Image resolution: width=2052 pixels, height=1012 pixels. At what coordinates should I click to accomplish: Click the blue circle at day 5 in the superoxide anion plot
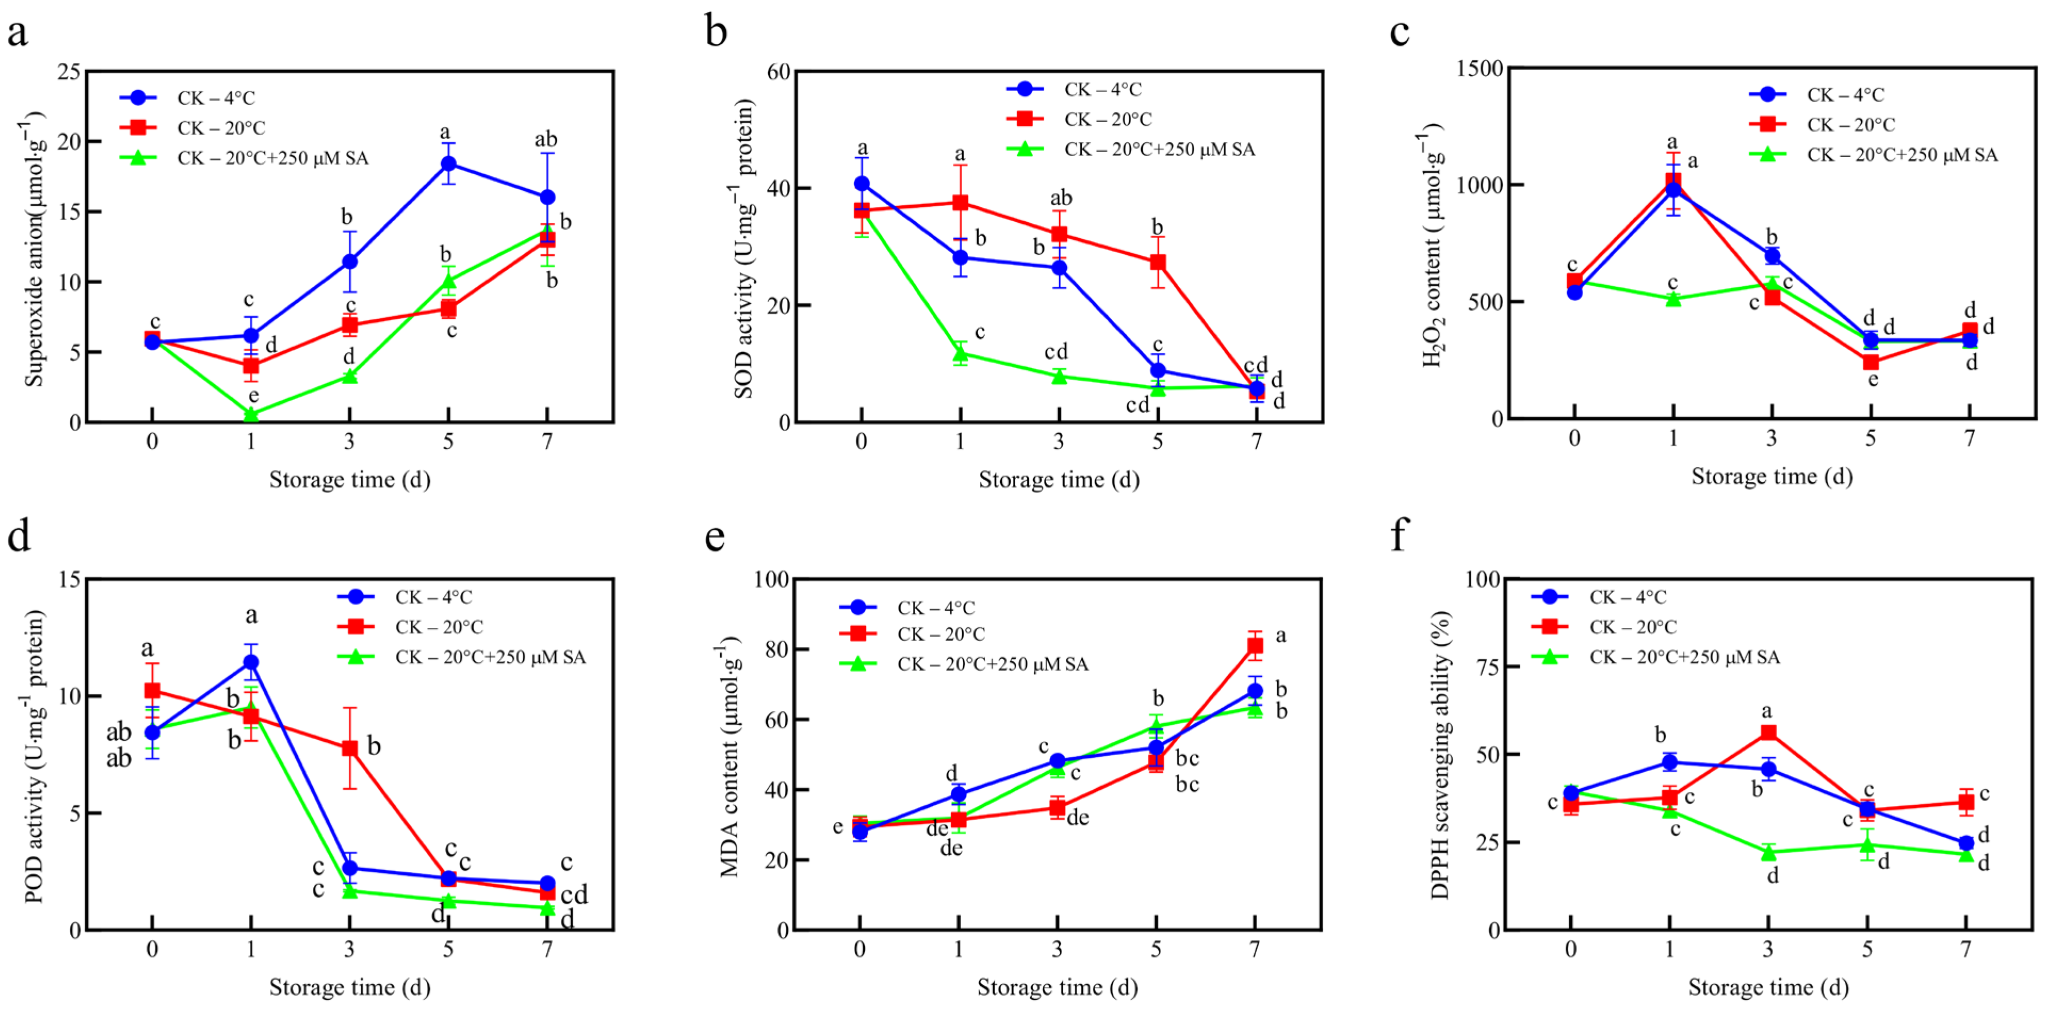(x=449, y=164)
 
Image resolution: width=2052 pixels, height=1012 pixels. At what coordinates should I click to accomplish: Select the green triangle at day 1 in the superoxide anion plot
(x=251, y=415)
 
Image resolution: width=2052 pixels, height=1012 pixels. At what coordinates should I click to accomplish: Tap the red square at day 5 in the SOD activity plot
(x=1157, y=262)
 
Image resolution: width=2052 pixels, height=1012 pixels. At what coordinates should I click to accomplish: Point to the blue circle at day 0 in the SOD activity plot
(x=862, y=183)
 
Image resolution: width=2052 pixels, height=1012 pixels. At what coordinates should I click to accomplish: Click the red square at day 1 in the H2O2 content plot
(x=1673, y=181)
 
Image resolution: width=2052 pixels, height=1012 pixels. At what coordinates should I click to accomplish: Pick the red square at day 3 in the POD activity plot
(x=350, y=748)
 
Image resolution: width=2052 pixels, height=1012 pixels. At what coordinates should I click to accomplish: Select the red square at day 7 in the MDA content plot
(x=1255, y=645)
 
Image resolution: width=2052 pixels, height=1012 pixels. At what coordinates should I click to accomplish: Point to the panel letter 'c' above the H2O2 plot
(x=1400, y=32)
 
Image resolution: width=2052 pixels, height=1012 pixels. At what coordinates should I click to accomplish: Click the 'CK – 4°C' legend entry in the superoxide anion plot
(x=216, y=98)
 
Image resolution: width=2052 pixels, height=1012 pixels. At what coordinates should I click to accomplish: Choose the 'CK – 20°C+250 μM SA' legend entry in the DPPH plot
(x=1684, y=657)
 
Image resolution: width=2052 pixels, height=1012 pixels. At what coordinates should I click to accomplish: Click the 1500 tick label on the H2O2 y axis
(x=1479, y=69)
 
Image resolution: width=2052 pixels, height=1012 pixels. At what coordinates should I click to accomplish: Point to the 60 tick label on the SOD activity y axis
(x=778, y=72)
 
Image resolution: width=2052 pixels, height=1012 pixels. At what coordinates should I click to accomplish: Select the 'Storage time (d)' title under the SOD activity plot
(x=1059, y=480)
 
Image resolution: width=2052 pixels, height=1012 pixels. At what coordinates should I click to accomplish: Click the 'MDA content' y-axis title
(x=729, y=757)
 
